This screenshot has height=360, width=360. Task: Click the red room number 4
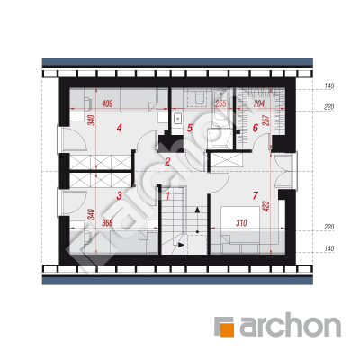120,128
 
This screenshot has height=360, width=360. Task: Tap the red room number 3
119,196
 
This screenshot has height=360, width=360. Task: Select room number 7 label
255,196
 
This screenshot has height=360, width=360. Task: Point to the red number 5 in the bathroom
189,128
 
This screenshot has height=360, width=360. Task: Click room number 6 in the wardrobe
256,128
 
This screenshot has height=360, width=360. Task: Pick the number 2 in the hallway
167,162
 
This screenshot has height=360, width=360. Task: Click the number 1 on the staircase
168,196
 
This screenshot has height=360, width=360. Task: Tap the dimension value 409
107,104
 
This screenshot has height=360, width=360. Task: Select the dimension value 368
107,223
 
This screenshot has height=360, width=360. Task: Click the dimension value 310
241,223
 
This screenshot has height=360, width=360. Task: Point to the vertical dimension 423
267,206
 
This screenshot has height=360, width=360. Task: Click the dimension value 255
220,103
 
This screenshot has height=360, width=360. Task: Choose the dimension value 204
259,103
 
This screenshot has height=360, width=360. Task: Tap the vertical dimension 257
266,120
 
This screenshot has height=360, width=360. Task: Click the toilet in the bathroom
199,97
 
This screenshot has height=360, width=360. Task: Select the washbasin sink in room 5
178,118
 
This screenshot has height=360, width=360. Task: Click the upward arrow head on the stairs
197,209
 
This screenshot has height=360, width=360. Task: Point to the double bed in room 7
240,224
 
